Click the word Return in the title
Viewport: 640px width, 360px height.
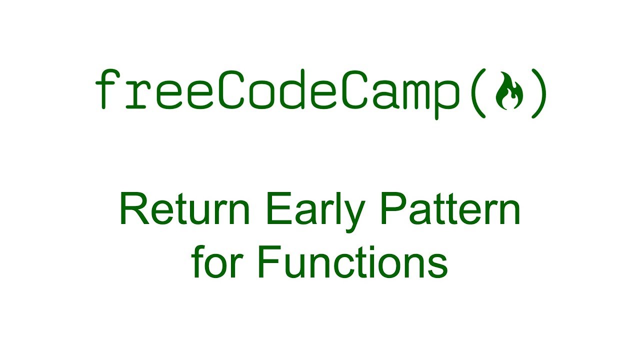tap(184, 210)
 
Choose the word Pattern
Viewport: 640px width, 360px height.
tap(450, 210)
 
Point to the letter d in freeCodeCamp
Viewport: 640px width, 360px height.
tap(291, 90)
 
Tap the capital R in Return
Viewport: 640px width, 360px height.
tap(132, 210)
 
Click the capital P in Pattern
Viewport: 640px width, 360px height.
tap(391, 210)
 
